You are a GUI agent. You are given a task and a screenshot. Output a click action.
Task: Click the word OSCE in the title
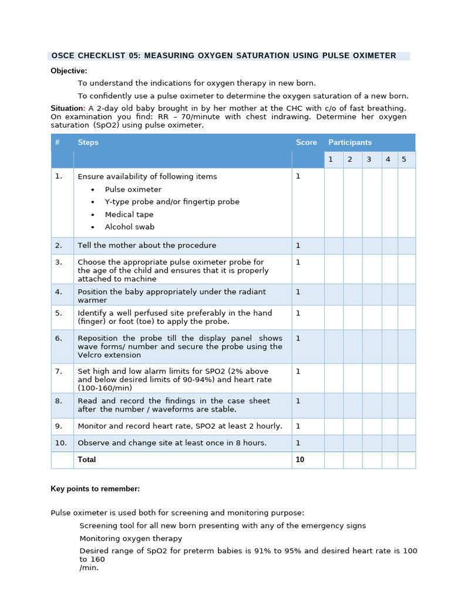[65, 56]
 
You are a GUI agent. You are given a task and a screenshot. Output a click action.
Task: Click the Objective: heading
[69, 71]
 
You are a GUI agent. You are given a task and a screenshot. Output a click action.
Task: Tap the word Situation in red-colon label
[67, 108]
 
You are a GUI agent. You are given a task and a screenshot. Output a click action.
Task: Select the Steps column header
[88, 142]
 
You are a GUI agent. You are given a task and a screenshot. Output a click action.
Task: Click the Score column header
[306, 142]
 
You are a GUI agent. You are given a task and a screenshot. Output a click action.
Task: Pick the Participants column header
[350, 142]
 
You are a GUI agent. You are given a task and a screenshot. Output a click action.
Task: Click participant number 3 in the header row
[369, 159]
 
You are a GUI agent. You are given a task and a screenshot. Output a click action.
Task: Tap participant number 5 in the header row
[403, 159]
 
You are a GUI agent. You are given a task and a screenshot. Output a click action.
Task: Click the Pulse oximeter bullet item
[133, 189]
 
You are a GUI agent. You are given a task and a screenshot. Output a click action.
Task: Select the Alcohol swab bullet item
[130, 227]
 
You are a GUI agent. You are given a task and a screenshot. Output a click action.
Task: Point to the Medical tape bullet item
[129, 215]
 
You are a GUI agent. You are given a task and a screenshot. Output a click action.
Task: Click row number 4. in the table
[58, 292]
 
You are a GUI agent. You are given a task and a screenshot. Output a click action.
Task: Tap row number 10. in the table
[60, 443]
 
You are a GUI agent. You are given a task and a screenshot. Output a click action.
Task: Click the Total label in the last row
[87, 460]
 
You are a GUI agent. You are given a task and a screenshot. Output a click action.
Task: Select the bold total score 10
[300, 460]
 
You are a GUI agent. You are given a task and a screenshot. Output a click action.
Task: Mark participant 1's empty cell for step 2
[333, 246]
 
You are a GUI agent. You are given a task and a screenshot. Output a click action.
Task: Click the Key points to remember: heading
[95, 489]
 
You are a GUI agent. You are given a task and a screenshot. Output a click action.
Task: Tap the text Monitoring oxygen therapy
[131, 539]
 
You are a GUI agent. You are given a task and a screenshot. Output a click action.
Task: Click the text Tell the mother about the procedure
[147, 246]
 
